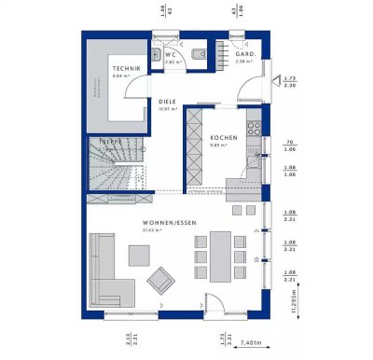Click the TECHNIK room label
point(128,68)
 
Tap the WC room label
point(171,54)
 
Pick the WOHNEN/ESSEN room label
point(168,222)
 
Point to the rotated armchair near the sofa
point(162,278)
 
